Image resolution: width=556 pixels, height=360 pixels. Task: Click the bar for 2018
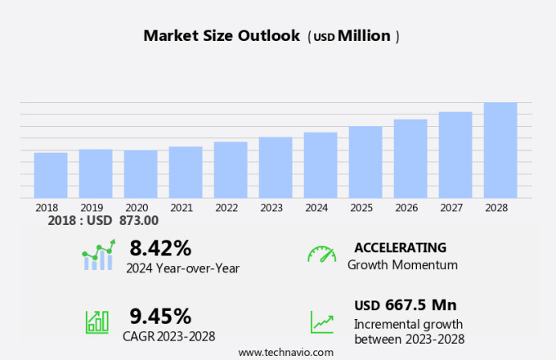pyautogui.click(x=51, y=175)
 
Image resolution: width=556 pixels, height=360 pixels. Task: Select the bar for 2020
pyautogui.click(x=141, y=173)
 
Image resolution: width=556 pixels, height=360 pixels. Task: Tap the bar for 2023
pyautogui.click(x=276, y=167)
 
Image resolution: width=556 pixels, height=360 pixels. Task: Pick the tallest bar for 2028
pyautogui.click(x=500, y=150)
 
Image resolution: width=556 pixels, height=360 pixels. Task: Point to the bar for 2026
pyautogui.click(x=410, y=159)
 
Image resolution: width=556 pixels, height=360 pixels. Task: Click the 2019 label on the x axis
pyautogui.click(x=92, y=208)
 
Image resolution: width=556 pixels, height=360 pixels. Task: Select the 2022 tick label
pyautogui.click(x=226, y=208)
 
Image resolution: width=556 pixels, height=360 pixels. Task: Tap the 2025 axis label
pyautogui.click(x=361, y=208)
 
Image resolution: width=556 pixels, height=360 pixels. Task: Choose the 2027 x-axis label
pyautogui.click(x=451, y=208)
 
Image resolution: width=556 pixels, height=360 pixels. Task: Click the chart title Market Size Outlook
pyautogui.click(x=221, y=36)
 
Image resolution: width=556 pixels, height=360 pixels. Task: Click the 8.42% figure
pyautogui.click(x=160, y=248)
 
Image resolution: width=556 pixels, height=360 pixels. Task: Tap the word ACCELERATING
pyautogui.click(x=400, y=247)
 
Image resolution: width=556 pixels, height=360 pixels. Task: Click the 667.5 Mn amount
pyautogui.click(x=421, y=305)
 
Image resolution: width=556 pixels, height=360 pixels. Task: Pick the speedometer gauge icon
pyautogui.click(x=321, y=254)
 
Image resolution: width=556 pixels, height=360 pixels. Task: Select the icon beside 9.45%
pyautogui.click(x=97, y=322)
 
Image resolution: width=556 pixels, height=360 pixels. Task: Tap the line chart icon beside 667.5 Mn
pyautogui.click(x=321, y=322)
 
